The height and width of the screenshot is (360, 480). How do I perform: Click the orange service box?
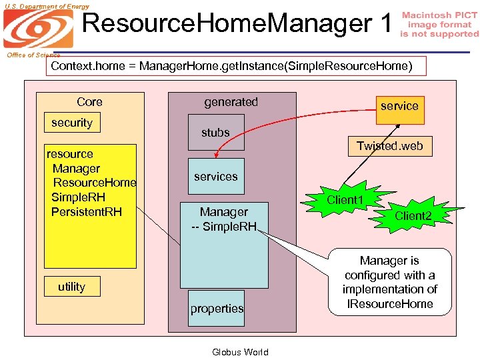399,106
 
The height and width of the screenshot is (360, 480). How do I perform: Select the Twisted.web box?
389,146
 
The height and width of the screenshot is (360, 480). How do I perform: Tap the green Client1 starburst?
345,200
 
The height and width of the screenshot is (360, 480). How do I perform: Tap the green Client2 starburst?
413,215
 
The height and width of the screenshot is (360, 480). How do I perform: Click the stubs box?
216,133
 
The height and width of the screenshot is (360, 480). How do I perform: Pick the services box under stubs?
216,177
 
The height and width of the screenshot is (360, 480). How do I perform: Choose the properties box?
217,309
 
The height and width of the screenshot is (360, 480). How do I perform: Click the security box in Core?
72,123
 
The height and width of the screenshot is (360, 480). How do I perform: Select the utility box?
72,287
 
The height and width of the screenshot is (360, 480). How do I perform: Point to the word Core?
89,102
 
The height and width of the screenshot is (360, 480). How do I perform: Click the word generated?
231,102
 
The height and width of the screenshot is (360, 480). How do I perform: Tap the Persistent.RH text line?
87,212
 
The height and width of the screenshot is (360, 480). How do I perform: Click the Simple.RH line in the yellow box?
79,197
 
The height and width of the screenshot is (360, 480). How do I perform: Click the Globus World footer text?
240,352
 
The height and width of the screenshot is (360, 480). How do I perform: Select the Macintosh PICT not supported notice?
439,25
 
